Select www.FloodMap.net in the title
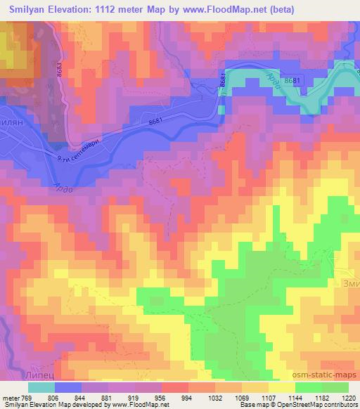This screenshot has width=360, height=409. coord(224,9)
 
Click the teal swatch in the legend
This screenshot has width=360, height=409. coord(41,387)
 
